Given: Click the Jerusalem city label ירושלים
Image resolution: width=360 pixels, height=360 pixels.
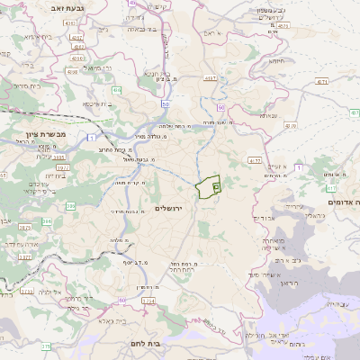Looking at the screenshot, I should (x=168, y=208).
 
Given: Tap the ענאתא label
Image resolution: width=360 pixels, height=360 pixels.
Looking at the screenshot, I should (x=268, y=115).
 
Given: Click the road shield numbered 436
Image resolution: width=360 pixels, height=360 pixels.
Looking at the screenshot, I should (x=117, y=90).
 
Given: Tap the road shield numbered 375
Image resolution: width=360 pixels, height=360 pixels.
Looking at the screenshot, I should (x=45, y=346).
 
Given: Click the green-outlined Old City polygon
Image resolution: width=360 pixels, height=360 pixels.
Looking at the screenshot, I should (x=208, y=186).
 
